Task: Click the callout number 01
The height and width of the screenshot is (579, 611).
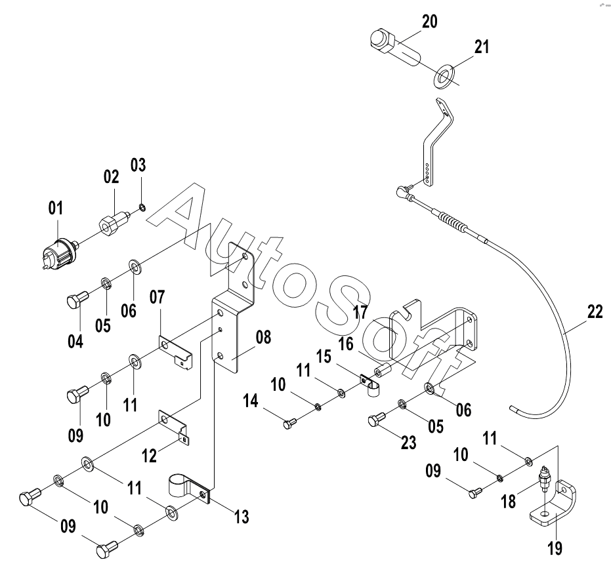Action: tap(55, 209)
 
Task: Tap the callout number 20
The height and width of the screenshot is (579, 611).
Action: tap(429, 22)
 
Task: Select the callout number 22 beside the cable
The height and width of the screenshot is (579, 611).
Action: tap(595, 313)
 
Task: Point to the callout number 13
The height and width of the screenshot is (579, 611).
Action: tap(241, 517)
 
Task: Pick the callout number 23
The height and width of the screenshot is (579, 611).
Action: tap(409, 443)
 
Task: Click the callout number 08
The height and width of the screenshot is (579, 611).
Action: tap(263, 338)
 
